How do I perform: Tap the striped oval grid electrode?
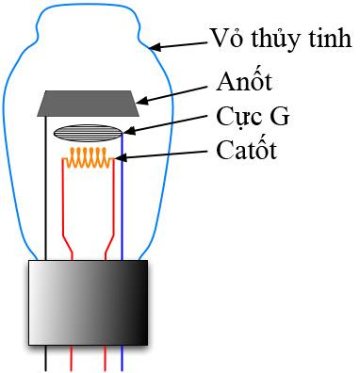[87, 133]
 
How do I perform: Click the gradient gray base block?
[88, 303]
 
